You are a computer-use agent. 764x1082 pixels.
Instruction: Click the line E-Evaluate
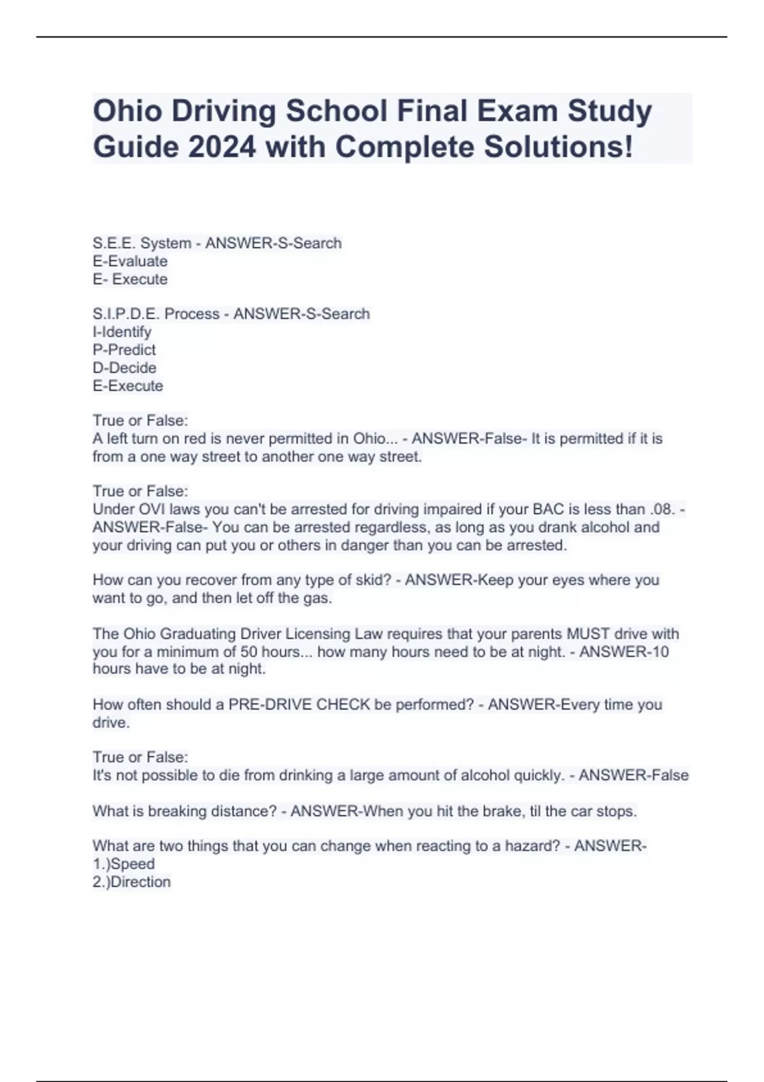tap(130, 261)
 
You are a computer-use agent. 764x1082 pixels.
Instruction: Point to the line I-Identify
tap(122, 332)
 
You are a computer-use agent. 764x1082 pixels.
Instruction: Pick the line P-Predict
tap(124, 349)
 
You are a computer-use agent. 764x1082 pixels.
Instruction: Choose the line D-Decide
tap(124, 367)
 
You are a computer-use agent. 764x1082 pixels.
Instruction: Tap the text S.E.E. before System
tap(114, 243)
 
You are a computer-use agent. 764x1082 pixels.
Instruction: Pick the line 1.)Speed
tap(124, 864)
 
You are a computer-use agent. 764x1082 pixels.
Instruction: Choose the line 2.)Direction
tap(132, 882)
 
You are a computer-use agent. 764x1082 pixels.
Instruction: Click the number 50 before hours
tap(248, 652)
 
